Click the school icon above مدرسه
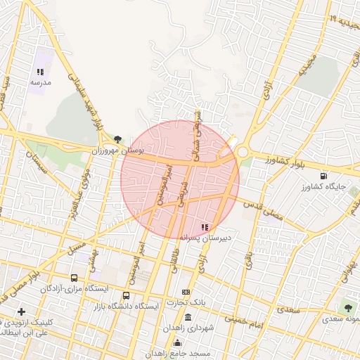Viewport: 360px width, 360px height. coord(40,72)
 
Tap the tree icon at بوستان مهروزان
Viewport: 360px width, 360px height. coord(117,139)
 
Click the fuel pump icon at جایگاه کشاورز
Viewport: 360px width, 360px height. coord(323,176)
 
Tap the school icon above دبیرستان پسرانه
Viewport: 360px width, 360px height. coord(205,226)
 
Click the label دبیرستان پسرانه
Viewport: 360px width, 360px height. coord(205,238)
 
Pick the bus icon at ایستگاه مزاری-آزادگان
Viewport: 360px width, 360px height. coord(75,278)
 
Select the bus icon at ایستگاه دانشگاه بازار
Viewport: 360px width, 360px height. coord(126,296)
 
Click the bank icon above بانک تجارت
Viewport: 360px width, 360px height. coord(186,292)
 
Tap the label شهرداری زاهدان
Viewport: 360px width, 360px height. coord(187,328)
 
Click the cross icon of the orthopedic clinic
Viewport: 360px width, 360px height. coord(21,311)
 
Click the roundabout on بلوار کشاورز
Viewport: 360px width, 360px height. coord(243,151)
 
